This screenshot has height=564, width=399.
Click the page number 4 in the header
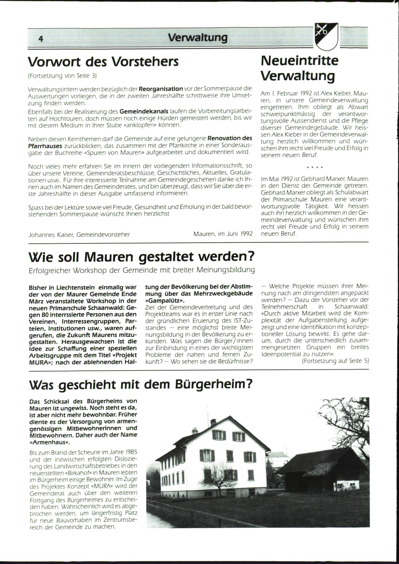41,39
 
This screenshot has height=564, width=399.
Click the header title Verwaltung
198,38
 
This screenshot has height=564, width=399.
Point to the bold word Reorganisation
161,89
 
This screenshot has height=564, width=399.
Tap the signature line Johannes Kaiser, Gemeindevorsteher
79,234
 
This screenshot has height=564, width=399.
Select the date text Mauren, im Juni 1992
223,234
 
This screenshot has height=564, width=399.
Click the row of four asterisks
315,167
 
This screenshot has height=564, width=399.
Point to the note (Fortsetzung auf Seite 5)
335,361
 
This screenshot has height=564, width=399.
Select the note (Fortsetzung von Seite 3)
62,76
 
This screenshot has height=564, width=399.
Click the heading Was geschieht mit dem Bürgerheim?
141,384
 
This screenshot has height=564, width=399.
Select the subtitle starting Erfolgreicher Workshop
142,270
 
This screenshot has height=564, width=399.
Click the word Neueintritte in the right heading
300,61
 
